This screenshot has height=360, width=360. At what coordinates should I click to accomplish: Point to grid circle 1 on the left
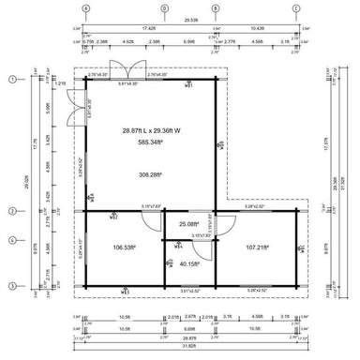pyautogui.click(x=12, y=80)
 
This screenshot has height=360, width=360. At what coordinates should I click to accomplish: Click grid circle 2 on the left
pyautogui.click(x=12, y=211)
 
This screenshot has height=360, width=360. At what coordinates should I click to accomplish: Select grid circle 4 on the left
pyautogui.click(x=12, y=240)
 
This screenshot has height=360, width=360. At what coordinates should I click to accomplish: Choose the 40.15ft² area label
pyautogui.click(x=190, y=264)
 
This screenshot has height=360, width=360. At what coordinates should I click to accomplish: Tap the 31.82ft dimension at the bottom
pyautogui.click(x=190, y=347)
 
